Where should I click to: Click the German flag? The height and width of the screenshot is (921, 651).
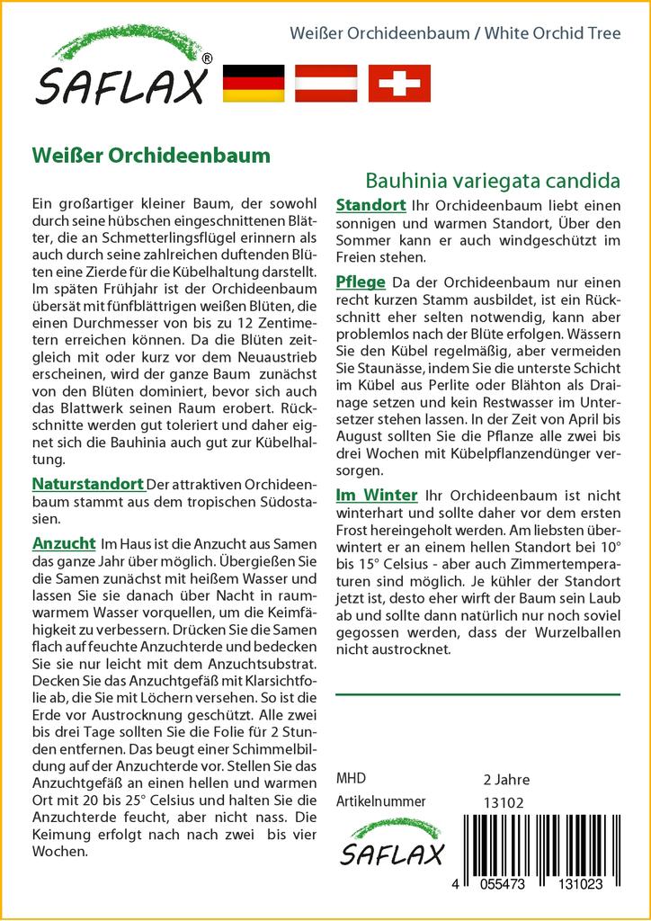[253, 83]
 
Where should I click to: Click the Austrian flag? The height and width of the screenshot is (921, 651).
[326, 83]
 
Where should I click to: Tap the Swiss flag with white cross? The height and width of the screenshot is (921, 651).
[400, 83]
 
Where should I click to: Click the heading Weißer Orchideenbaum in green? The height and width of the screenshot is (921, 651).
[151, 154]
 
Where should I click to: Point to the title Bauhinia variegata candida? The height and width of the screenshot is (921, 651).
[493, 179]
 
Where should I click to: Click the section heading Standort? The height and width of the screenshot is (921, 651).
[370, 206]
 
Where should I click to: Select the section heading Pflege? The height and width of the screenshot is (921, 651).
[361, 282]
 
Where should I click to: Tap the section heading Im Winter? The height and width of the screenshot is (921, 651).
[377, 495]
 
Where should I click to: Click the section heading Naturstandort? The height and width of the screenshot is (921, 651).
[87, 485]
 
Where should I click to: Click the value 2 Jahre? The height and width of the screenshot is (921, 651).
[506, 779]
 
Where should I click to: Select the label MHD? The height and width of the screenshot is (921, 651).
[351, 778]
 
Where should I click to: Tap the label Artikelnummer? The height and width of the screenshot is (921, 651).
[380, 801]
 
